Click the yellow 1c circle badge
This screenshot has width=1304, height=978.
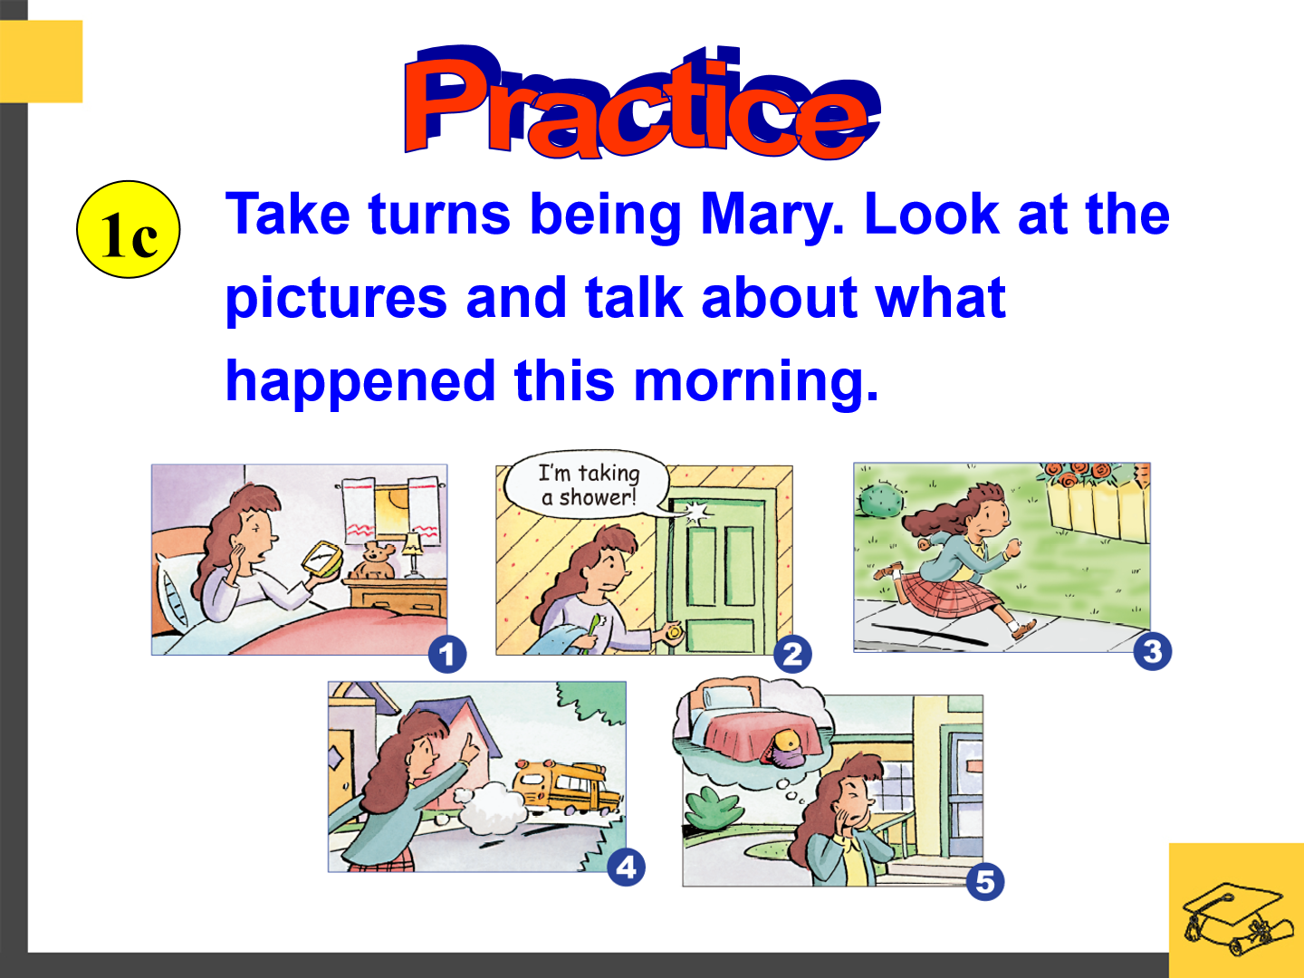[129, 229]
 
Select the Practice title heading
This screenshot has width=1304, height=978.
[642, 102]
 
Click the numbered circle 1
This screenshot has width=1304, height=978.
[447, 655]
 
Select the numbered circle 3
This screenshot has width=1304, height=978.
[1153, 651]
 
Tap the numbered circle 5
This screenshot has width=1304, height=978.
[985, 881]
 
